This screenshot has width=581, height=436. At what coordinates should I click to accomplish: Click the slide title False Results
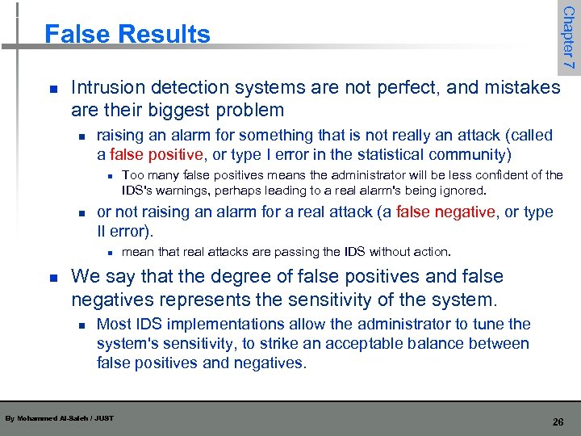tap(127, 34)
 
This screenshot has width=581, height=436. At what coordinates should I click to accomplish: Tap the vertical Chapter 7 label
tap(568, 36)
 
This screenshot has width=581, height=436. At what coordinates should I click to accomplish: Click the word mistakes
tap(521, 87)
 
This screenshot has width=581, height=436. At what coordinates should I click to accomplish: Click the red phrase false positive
tap(155, 154)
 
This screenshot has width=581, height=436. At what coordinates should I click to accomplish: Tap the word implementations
tap(217, 325)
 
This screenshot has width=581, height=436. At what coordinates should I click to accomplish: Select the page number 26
tap(557, 421)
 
